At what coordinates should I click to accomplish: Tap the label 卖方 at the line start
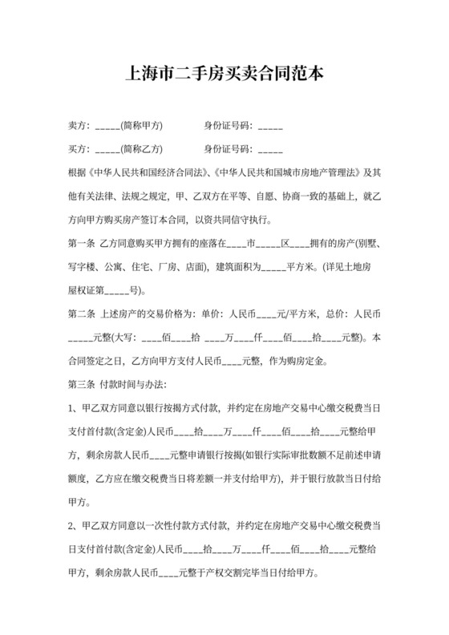point(76,126)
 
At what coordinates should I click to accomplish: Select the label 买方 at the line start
point(76,149)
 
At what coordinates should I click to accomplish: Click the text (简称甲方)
point(142,126)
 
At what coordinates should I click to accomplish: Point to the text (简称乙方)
point(142,149)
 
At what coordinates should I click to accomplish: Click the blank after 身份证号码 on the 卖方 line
point(271,126)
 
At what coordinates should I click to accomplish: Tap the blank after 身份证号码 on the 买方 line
point(271,149)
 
